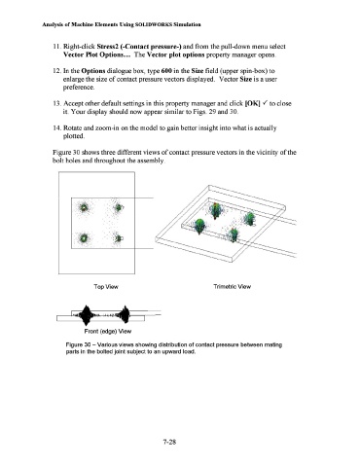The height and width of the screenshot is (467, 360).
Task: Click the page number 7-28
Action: point(169,442)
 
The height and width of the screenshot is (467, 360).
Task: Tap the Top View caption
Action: point(106,287)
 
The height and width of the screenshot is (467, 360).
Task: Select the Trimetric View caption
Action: point(233,286)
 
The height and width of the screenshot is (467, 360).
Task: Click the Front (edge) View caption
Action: point(108,331)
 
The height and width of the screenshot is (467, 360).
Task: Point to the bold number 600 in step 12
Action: point(166,71)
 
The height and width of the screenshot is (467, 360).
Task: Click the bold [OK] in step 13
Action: point(253,103)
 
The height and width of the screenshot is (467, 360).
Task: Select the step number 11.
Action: point(56,47)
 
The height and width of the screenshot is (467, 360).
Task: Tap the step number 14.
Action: point(56,127)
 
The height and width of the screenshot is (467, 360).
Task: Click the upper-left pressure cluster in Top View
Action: point(84,207)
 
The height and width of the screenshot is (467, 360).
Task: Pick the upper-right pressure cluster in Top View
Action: point(119,207)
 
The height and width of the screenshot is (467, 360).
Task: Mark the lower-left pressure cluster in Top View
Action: point(84,238)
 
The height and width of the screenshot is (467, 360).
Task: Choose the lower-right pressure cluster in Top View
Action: point(119,238)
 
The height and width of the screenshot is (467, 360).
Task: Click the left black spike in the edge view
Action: point(86,315)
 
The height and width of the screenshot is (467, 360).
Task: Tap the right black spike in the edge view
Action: point(125,314)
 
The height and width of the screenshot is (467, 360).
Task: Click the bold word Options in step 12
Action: point(93,71)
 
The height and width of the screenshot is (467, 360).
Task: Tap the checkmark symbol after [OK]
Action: point(265,103)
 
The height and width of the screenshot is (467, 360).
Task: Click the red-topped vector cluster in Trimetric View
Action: point(215,211)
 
